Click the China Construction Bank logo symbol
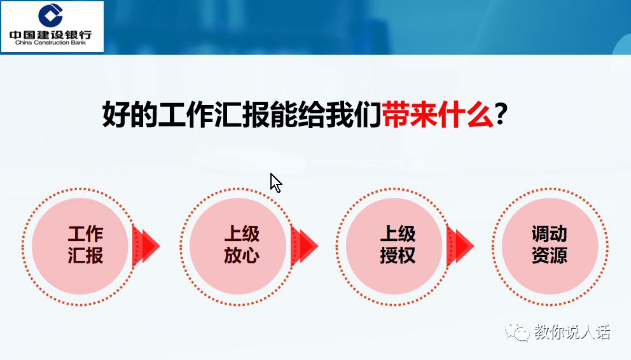pos(52,16)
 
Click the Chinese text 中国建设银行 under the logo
pos(52,34)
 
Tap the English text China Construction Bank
pos(51,44)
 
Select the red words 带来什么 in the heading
pos(438,116)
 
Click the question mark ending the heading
pos(502,116)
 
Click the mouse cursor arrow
pos(275,182)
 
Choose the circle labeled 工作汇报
pos(85,245)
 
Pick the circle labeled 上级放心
pos(242,245)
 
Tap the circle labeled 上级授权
pos(398,245)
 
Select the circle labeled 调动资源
pos(550,245)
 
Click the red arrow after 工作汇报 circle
pos(146,245)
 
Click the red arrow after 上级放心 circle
pos(304,245)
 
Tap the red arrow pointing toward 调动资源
pos(460,245)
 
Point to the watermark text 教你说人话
pos(572,332)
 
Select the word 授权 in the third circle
pos(398,256)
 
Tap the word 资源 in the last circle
pos(550,256)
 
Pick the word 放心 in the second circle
pos(242,256)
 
